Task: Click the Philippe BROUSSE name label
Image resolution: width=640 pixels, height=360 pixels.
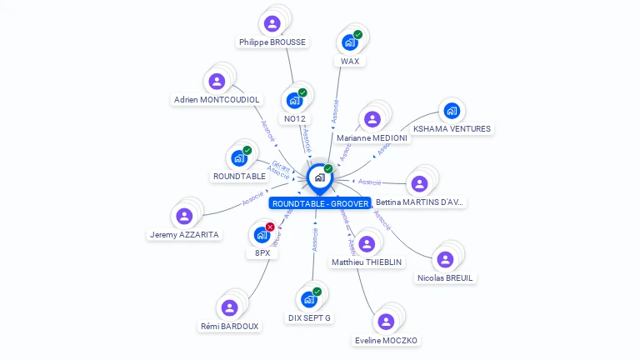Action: point(272,42)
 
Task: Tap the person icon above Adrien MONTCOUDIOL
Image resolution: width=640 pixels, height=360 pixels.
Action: point(217,81)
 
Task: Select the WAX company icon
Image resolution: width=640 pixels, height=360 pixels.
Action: point(349,42)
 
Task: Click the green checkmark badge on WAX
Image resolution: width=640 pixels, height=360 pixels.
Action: point(357,35)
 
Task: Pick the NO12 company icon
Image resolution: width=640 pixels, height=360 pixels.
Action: point(293,101)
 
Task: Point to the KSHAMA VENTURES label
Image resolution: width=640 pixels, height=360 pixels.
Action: point(452,129)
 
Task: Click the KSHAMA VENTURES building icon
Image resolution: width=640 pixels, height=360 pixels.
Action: point(452,110)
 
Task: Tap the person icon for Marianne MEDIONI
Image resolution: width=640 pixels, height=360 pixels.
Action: point(372,119)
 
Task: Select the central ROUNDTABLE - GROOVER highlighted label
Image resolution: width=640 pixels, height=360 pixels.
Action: point(320,203)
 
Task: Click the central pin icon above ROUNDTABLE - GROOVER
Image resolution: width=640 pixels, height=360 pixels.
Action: point(319,177)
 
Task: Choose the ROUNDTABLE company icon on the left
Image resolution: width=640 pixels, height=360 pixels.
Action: point(238,158)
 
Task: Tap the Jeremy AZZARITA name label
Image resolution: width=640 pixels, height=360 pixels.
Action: point(185,235)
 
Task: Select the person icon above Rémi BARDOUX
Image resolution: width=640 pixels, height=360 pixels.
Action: point(229,307)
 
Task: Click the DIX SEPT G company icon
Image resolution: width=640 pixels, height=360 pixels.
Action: point(309,299)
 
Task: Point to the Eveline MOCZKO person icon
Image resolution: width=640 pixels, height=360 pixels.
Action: point(385,322)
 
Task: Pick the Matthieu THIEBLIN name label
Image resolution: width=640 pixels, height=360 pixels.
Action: point(367,262)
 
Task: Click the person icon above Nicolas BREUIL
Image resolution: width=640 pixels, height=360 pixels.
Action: point(445,259)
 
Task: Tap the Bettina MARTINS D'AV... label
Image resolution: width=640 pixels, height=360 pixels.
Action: point(419,202)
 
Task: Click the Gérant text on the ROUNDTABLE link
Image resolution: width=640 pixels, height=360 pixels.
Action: point(281,164)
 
